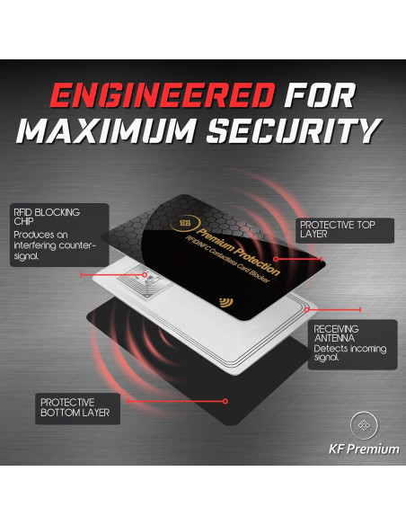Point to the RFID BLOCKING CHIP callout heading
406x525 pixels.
pos(46,218)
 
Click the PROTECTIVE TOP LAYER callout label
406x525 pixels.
pos(337,230)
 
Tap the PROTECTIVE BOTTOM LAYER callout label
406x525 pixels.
pos(75,407)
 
